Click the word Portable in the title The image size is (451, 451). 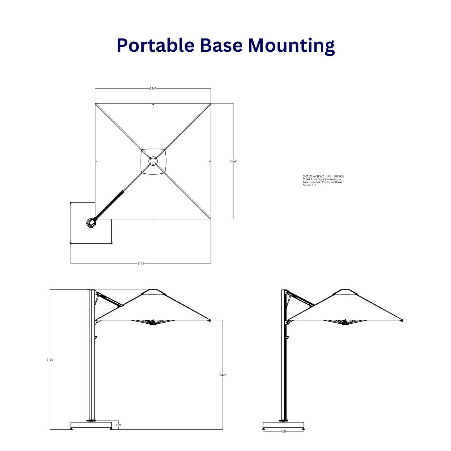pyautogui.click(x=155, y=46)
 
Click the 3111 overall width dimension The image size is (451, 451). pyautogui.click(x=141, y=264)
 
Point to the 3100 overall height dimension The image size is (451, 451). pyautogui.click(x=50, y=360)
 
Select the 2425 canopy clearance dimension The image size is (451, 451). pyautogui.click(x=223, y=375)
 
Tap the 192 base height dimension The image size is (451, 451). pyautogui.click(x=118, y=425)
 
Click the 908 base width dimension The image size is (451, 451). pyautogui.click(x=284, y=431)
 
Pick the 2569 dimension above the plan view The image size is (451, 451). pyautogui.click(x=153, y=89)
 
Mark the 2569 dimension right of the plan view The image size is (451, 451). pyautogui.click(x=233, y=161)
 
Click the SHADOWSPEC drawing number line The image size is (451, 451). pyautogui.click(x=324, y=177)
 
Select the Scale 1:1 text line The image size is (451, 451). pyautogui.click(x=309, y=185)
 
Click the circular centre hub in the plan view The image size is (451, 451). pyautogui.click(x=153, y=161)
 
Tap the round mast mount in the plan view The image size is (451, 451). pyautogui.click(x=91, y=223)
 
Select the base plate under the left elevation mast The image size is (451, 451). pyautogui.click(x=91, y=425)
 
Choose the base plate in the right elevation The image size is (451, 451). pyautogui.click(x=284, y=425)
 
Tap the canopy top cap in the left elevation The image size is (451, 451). pyautogui.click(x=153, y=291)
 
